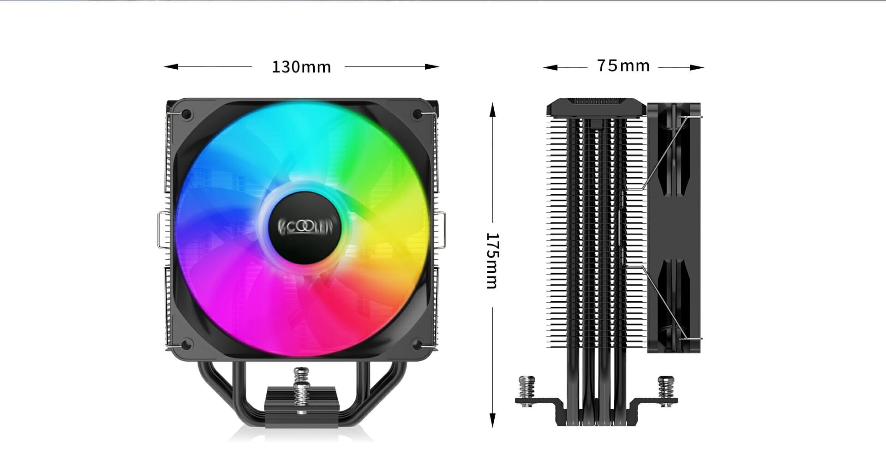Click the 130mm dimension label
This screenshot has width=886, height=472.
tap(301, 67)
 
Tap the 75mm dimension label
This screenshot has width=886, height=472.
tap(623, 66)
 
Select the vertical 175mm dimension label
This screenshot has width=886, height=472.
tap(492, 261)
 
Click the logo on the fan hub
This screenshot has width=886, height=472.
tap(305, 227)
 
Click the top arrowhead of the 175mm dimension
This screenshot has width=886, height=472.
tap(492, 109)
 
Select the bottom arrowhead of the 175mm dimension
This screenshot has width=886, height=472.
tap(492, 420)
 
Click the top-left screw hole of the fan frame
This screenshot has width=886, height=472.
tap(186, 114)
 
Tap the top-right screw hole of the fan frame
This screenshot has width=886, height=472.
tap(417, 114)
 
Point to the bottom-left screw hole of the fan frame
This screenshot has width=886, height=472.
tap(186, 344)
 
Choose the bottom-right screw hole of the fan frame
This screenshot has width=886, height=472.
tap(417, 344)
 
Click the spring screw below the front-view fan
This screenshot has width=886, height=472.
tap(302, 390)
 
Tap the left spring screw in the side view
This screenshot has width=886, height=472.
tap(527, 390)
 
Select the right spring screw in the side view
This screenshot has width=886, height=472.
tap(666, 390)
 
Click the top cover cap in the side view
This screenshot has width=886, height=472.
tap(596, 107)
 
